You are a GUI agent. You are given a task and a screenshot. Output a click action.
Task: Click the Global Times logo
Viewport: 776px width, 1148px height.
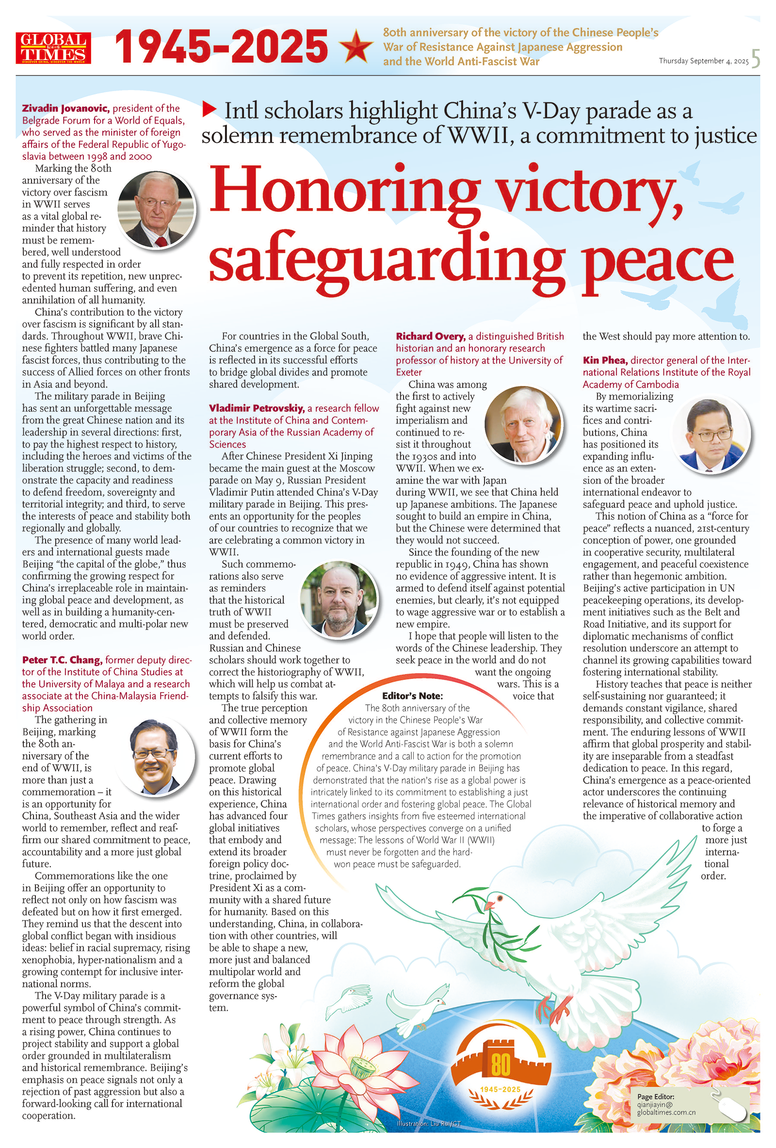(53, 48)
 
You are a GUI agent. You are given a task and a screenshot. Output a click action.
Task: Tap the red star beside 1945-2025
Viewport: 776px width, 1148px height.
(356, 46)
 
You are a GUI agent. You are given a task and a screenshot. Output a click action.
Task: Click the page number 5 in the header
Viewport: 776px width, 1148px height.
(755, 59)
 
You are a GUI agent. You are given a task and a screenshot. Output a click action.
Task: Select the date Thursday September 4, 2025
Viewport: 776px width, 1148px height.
(703, 61)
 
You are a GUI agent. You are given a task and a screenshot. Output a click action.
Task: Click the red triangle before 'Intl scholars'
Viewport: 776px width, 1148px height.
(210, 109)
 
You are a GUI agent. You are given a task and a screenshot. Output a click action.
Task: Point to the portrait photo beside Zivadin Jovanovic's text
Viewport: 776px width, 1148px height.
(156, 209)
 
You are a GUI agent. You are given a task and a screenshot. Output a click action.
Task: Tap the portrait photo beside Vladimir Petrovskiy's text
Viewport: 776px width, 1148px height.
(339, 599)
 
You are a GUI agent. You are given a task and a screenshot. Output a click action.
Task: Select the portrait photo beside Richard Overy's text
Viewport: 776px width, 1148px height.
(524, 424)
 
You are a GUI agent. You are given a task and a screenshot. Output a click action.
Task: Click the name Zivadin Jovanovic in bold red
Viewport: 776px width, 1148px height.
(65, 108)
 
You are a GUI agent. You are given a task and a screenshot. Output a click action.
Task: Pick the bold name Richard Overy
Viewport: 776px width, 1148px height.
(430, 337)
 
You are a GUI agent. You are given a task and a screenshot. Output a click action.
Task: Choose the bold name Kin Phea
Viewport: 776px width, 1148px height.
(605, 360)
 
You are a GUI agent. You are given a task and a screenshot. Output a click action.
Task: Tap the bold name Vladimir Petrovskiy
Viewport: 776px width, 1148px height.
(257, 408)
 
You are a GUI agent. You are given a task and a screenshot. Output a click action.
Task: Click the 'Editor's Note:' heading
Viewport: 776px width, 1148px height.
(412, 695)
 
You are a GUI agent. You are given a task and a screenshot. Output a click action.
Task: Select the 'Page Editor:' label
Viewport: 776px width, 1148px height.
(655, 1096)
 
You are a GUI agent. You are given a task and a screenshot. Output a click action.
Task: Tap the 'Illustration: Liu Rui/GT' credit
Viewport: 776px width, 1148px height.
(428, 1123)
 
